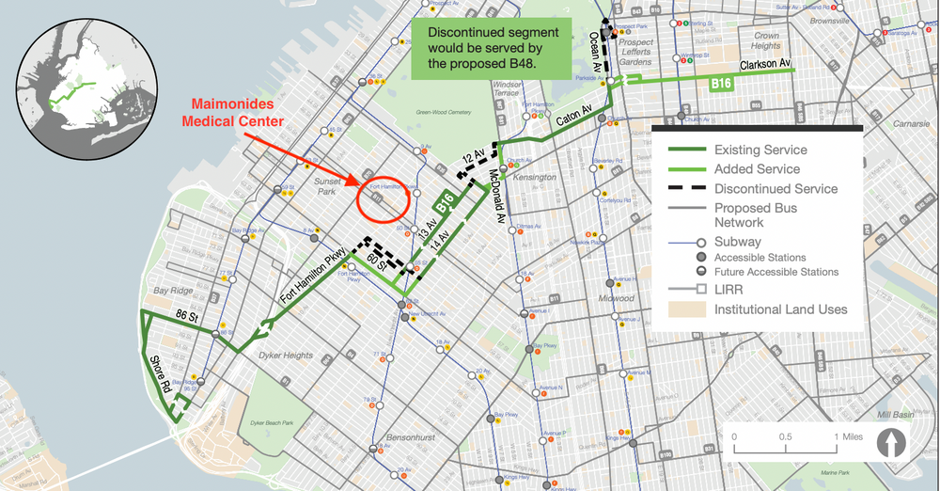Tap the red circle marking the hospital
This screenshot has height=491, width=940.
(x=383, y=197)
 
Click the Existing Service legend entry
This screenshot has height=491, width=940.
(x=760, y=150)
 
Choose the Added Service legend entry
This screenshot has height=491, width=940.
(x=757, y=169)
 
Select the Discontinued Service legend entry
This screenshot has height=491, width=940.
(x=775, y=188)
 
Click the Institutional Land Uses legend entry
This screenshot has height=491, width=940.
(x=780, y=309)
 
